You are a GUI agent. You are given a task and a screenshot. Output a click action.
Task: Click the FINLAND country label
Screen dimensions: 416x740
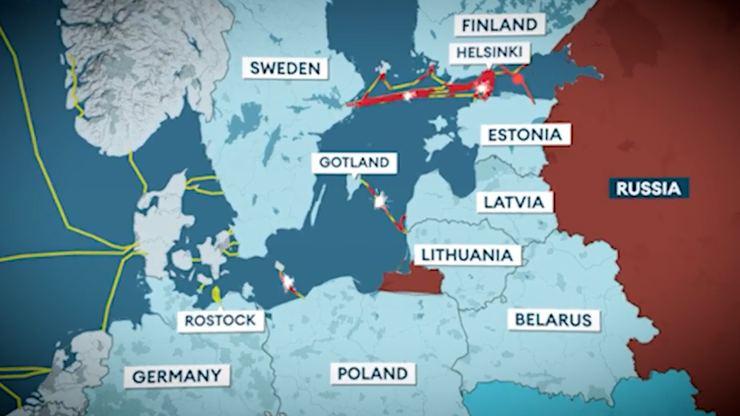[x=499, y=25]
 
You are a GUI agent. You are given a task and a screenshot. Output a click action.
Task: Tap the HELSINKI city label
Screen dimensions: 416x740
[x=489, y=52]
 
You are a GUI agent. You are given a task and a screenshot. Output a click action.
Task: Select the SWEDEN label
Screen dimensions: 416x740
[x=285, y=68]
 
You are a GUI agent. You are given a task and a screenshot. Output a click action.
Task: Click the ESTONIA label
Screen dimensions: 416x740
[x=525, y=135]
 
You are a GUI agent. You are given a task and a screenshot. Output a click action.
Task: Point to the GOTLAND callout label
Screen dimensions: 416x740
[x=354, y=162]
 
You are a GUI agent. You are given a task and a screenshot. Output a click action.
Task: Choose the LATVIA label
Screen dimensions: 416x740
[x=514, y=202]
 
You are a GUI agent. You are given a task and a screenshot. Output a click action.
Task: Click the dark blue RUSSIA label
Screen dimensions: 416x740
[x=648, y=188]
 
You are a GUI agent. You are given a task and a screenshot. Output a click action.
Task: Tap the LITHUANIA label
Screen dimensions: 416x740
[x=467, y=255]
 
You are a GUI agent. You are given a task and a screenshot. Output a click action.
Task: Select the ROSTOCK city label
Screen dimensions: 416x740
[x=220, y=320]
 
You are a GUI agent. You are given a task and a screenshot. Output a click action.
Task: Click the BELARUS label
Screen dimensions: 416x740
[x=553, y=320]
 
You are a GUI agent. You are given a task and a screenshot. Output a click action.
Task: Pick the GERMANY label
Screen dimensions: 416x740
[x=177, y=376]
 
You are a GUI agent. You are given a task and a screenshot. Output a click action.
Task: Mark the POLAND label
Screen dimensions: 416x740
[x=373, y=373]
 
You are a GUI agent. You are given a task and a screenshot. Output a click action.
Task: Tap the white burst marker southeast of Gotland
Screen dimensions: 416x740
[x=380, y=200]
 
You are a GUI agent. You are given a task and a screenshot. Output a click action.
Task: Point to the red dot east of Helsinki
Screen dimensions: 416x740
[x=518, y=79]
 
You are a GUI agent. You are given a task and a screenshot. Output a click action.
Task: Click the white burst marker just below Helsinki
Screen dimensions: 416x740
[x=481, y=89]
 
